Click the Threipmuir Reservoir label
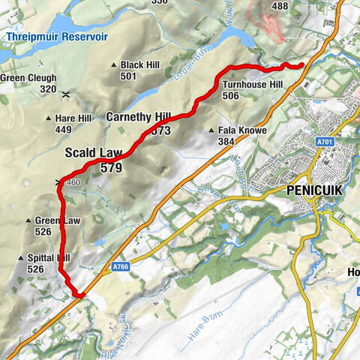point(55,36)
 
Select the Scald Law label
point(94,153)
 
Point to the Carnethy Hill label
point(139,117)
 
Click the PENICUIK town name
point(314,190)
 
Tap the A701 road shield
point(325,141)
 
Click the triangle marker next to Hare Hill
point(49,118)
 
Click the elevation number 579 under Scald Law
point(111,169)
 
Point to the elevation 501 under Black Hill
point(128,76)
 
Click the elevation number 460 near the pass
point(73,182)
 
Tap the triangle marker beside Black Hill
point(114,65)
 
